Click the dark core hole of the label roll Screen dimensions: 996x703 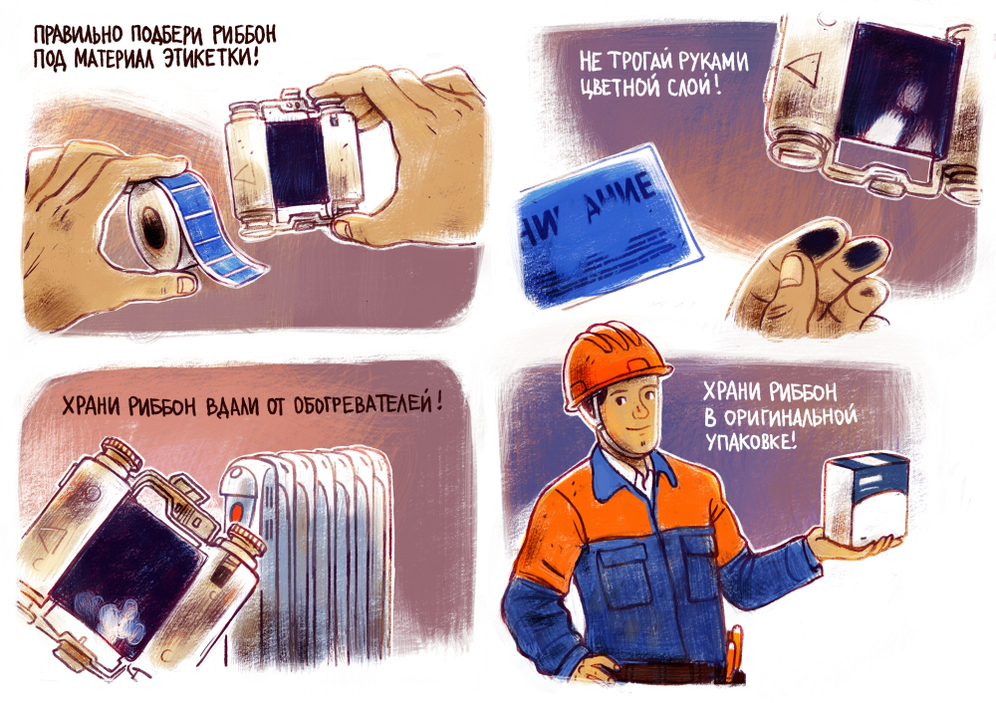coord(153,227)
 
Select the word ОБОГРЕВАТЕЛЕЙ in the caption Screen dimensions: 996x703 coord(360,405)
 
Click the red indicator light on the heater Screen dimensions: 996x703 coord(237,510)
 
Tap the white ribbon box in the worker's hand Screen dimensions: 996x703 coord(866,499)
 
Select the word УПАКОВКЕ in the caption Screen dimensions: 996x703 coord(750,440)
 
